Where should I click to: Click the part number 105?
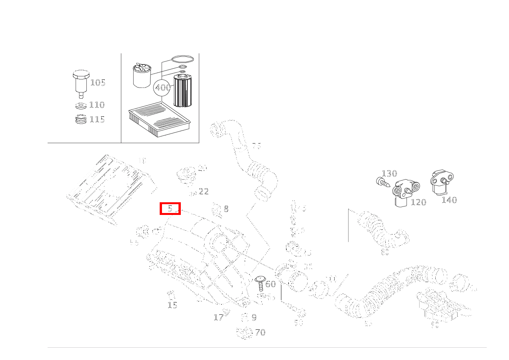click(x=98, y=83)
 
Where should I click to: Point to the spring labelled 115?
click(x=81, y=119)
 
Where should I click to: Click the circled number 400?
click(x=162, y=88)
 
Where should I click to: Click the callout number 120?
click(x=418, y=202)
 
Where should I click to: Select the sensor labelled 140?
click(x=441, y=183)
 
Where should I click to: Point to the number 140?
click(x=449, y=200)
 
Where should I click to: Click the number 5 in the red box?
click(x=170, y=209)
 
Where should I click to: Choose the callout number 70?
click(x=260, y=332)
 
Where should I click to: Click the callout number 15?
click(x=172, y=305)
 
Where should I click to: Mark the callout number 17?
click(x=218, y=317)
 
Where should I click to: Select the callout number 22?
click(x=204, y=191)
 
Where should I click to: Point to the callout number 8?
click(x=226, y=209)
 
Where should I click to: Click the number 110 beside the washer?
click(x=97, y=105)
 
